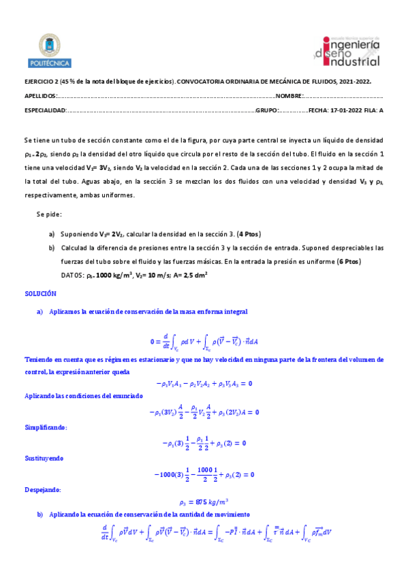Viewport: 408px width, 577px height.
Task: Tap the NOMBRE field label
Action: tap(289, 96)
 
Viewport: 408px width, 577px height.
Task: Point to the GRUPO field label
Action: tap(266, 110)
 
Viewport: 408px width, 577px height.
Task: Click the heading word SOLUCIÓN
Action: tap(41, 293)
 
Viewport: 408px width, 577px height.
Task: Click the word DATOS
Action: tap(72, 276)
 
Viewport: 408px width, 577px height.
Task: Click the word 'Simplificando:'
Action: tap(46, 427)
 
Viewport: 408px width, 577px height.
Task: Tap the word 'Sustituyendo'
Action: tap(45, 459)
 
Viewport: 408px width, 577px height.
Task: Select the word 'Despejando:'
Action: tap(43, 489)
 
